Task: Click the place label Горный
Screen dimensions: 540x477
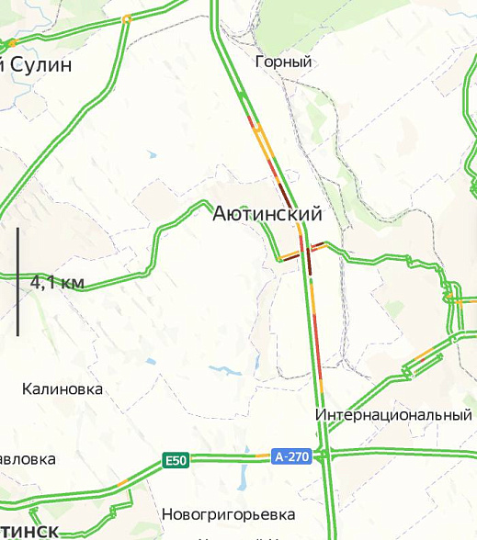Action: [284, 62]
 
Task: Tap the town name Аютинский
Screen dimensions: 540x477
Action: [267, 215]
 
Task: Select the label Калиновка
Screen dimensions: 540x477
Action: [62, 389]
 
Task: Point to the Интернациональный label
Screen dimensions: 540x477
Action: [393, 415]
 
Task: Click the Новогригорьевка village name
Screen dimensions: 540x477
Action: [228, 513]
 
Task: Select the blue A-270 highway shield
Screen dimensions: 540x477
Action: [291, 456]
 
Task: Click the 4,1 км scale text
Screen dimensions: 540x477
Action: [57, 283]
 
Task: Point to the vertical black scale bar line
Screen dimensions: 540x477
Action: [17, 281]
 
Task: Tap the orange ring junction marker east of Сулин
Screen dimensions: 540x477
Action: [127, 18]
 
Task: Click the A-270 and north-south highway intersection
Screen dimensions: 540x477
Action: [326, 454]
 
